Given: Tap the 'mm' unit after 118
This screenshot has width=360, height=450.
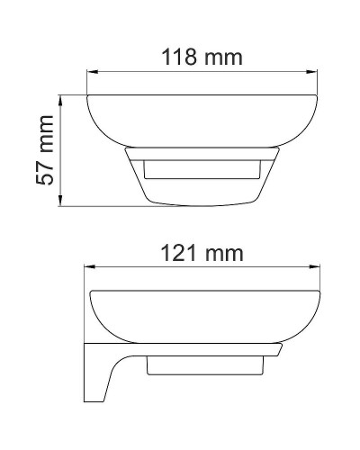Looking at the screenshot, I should point(222,58).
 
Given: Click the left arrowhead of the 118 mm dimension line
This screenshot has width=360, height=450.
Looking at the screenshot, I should point(91,73).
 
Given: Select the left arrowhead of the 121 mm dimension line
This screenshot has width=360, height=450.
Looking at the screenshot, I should point(88,266).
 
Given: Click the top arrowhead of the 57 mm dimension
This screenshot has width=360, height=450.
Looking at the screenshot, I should point(61,96).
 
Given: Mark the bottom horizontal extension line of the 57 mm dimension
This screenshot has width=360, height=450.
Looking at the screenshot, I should point(99,207).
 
